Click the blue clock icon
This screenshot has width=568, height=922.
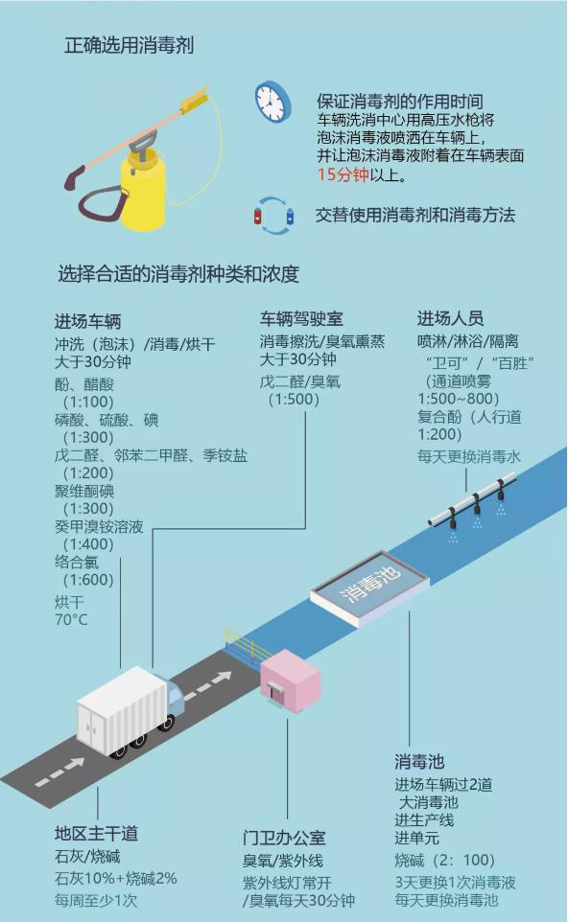(273, 102)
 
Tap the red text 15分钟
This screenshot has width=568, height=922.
(343, 174)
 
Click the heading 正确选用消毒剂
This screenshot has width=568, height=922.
(130, 45)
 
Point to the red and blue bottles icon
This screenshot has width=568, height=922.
(273, 216)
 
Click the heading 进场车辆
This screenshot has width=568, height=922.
(87, 322)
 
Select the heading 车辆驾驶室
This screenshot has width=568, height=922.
(301, 319)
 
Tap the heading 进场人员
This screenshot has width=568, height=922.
(450, 318)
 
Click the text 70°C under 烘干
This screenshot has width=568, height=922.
(71, 620)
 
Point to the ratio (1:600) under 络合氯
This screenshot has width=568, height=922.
(87, 580)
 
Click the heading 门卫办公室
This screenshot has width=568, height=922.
(284, 838)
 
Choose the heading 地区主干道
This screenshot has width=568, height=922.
(97, 833)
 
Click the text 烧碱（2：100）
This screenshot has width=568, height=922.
(445, 861)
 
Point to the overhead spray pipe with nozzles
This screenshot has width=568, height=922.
(474, 504)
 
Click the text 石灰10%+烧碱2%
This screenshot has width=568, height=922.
(116, 879)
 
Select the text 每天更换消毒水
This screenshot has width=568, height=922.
(469, 456)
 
